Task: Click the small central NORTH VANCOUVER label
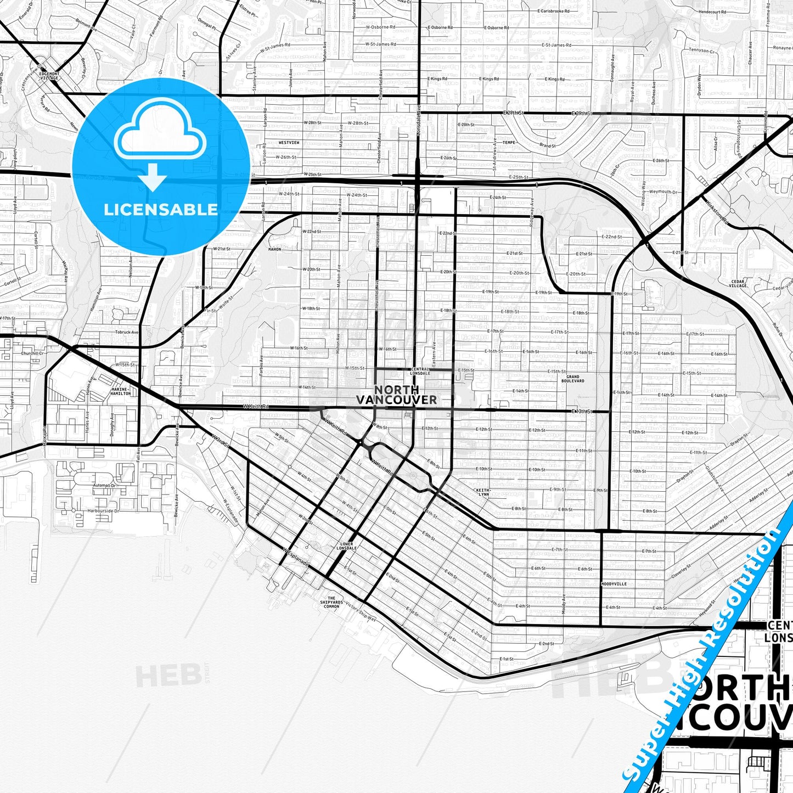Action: [x=396, y=395]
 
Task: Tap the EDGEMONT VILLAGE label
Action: [x=49, y=76]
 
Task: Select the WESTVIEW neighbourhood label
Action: [x=289, y=143]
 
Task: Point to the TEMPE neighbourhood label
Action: [x=509, y=142]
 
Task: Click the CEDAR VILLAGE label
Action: [x=738, y=283]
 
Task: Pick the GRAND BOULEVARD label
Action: [x=573, y=379]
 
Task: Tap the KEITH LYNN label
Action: [x=482, y=492]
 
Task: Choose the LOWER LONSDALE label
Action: [x=346, y=546]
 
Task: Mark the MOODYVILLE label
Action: [x=614, y=584]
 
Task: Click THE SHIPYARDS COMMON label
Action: [x=331, y=602]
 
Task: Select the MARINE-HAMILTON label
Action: [x=121, y=391]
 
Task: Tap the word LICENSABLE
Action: [x=161, y=210]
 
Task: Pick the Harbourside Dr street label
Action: [x=103, y=511]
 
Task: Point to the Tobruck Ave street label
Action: [x=127, y=332]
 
